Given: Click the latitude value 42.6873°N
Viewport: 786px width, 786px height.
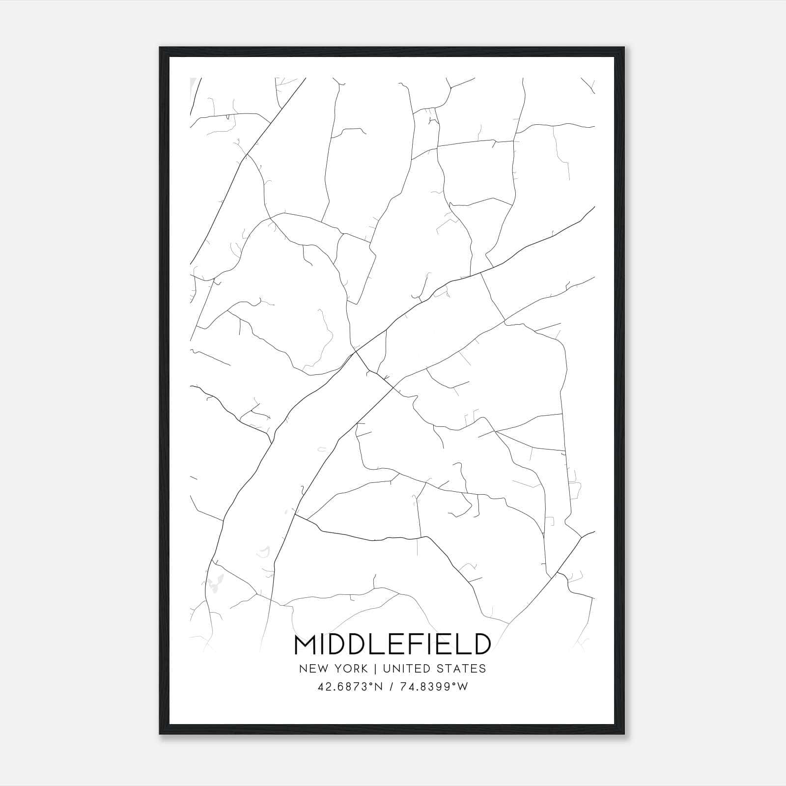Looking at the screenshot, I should point(350,687).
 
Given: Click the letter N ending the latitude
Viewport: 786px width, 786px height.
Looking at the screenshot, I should point(379,687).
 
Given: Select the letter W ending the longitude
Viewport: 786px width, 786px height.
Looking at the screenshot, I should point(463,687).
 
